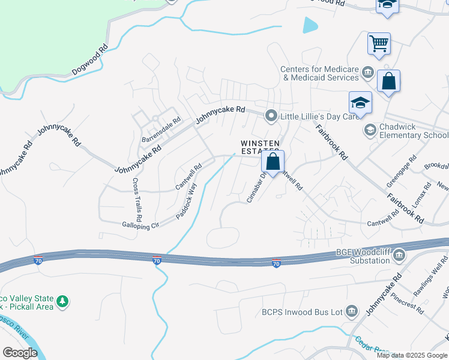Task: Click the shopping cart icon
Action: pos(379,44)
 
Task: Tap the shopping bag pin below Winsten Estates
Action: pos(273,161)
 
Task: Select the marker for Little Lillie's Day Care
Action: pos(271,116)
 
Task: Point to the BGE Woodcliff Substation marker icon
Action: pos(399,256)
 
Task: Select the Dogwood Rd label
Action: pos(90,60)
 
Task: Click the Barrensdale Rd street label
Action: pos(161,130)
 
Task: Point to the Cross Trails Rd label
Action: pos(137,197)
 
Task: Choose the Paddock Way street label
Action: pos(186,201)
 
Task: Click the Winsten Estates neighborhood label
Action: pos(261,148)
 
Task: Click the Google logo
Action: pos(20,353)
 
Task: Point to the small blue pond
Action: pos(310,25)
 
